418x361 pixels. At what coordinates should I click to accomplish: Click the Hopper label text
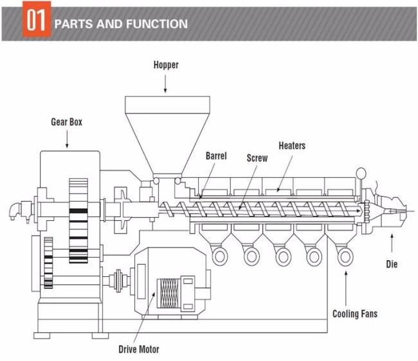pos(166,65)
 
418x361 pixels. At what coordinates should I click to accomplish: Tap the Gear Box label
pos(67,122)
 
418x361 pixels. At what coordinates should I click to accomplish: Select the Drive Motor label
pos(139,349)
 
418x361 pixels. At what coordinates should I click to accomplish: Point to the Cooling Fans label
pos(355,314)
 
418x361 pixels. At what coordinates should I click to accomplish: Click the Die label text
pos(392,264)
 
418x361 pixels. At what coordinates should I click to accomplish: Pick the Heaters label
pos(292,146)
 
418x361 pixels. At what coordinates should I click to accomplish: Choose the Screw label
pos(257,158)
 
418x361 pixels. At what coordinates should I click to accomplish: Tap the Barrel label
pos(216,156)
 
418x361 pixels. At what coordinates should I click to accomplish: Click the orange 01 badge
pos(37,19)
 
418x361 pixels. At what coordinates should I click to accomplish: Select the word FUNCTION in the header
pos(157,24)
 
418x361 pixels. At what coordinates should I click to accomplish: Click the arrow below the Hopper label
pos(165,84)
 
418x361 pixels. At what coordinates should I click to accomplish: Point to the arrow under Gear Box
pos(67,139)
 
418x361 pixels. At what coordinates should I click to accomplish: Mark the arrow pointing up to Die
pos(392,243)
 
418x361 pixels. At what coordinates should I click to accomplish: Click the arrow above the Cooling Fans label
pos(346,288)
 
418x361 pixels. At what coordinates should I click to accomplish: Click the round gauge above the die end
pos(361,173)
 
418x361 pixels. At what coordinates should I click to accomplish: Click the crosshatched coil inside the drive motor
pos(168,294)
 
